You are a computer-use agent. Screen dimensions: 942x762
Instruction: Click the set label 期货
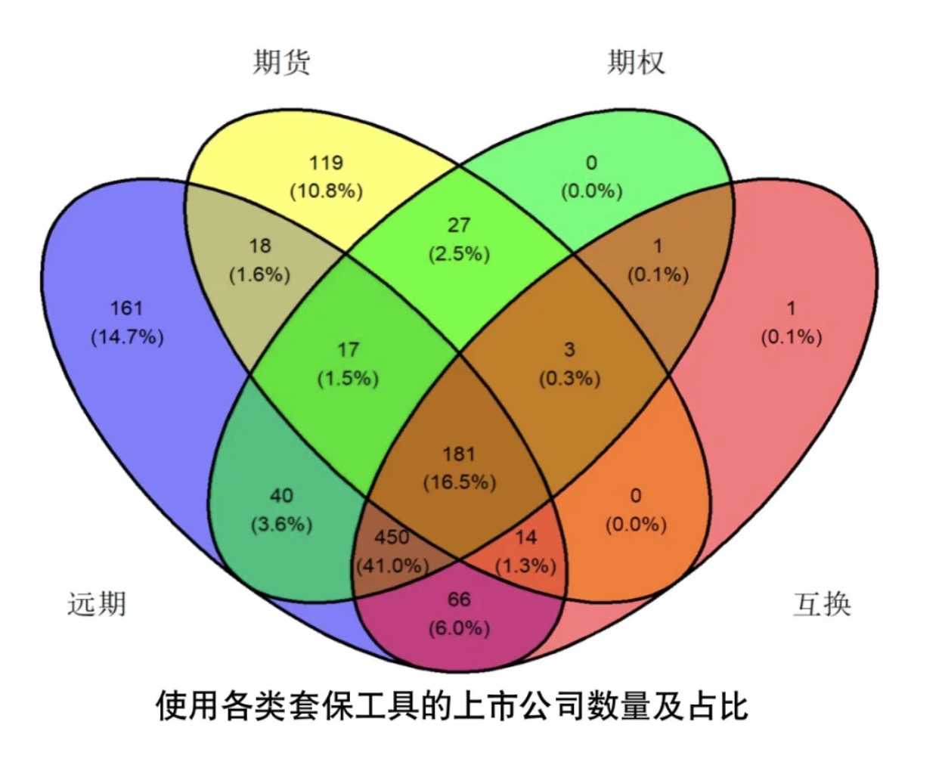point(282,62)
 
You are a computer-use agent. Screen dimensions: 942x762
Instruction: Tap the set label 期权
point(636,62)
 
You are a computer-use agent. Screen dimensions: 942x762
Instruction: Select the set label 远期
point(97,604)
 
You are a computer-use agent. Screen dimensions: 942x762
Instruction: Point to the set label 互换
point(822,604)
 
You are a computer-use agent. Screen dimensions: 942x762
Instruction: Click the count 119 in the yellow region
point(326,163)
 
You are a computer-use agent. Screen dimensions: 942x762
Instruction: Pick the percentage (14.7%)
point(127,337)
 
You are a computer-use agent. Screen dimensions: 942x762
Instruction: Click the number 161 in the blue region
point(126,308)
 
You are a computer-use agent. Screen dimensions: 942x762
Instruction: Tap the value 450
point(392,537)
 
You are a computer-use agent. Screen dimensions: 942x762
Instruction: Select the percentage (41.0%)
point(392,565)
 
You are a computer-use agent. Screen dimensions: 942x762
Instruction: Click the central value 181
point(459,454)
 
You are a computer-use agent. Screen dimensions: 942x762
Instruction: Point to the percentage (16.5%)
point(460,482)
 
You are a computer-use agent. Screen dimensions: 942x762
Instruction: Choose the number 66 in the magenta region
point(459,599)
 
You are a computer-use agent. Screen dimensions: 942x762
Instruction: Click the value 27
point(459,225)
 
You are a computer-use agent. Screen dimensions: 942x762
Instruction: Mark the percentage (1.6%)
point(259,275)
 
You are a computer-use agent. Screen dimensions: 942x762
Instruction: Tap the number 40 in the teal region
point(282,495)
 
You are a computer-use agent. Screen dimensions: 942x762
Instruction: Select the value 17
point(348,350)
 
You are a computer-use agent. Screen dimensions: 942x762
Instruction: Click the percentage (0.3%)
point(570,379)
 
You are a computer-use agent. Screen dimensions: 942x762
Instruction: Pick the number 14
point(526,537)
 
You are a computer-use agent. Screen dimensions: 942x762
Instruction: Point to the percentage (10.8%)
point(327,191)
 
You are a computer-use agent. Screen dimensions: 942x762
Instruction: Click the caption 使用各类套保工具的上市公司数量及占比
point(452,706)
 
